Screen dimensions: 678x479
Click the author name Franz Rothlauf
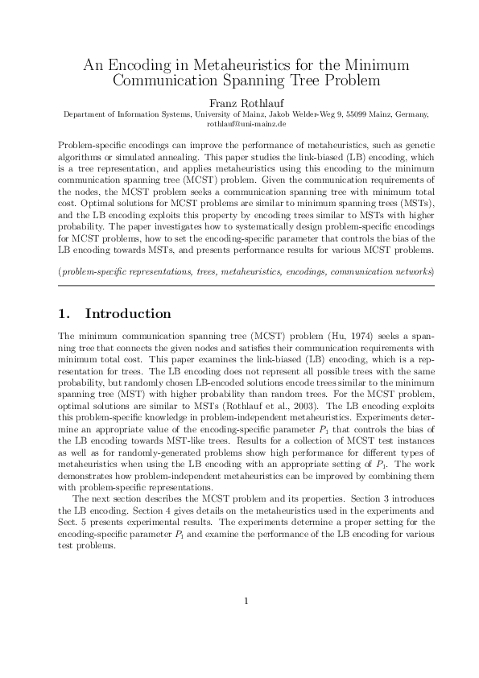[239, 103]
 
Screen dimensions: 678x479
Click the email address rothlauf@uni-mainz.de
[239, 124]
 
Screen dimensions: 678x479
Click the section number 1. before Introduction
[67, 313]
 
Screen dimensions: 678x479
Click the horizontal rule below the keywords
[239, 285]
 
